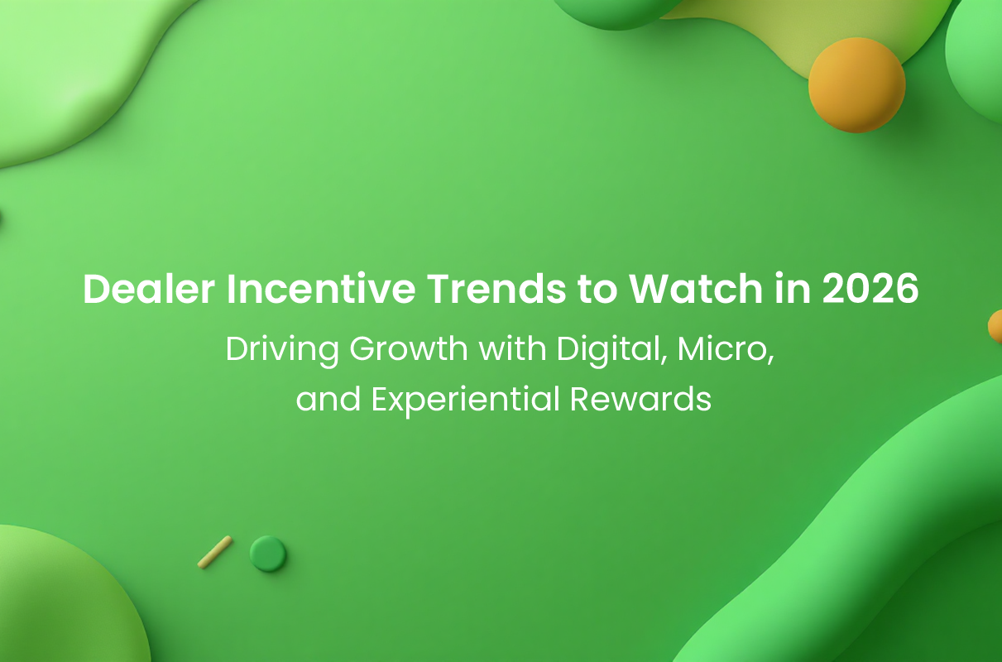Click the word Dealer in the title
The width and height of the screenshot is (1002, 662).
(149, 289)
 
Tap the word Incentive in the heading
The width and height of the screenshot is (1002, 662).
(321, 289)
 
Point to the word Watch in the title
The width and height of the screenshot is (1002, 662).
(696, 289)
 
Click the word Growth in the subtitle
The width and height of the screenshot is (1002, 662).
(409, 349)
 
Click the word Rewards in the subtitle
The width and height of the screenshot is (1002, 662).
(640, 399)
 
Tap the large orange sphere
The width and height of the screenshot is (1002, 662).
(856, 85)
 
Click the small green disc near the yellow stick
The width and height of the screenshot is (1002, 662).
(268, 554)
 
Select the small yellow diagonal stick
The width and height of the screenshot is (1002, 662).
(215, 552)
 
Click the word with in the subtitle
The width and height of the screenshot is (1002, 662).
(513, 349)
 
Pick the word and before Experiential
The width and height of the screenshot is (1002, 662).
(328, 399)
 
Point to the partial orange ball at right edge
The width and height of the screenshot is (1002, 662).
(995, 326)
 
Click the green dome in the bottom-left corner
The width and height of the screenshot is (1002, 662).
(67, 599)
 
